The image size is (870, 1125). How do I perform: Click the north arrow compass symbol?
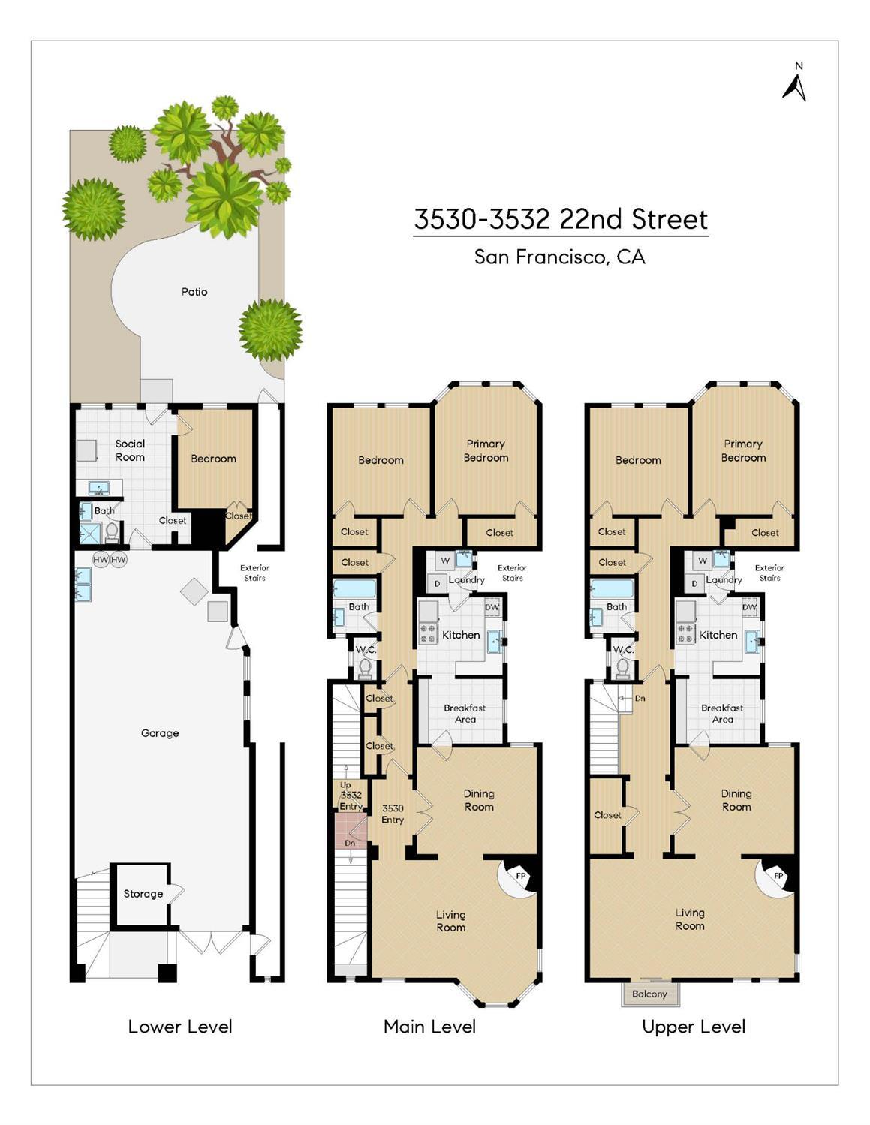pos(795,83)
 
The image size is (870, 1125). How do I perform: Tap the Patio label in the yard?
pos(194,292)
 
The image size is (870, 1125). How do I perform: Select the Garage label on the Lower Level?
pos(160,733)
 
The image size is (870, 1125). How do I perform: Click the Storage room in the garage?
pos(143,894)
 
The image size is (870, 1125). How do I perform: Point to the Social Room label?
pos(130,450)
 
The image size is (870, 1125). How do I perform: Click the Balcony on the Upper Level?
pos(649,994)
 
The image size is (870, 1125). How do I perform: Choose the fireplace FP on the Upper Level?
pos(778,876)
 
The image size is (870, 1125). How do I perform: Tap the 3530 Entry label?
pos(393,814)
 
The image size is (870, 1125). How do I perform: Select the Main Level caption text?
pos(429,1027)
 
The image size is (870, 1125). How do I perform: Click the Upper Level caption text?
pos(694,1027)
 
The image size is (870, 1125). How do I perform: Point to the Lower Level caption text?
pos(180,1027)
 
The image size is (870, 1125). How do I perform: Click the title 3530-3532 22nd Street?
pos(561,219)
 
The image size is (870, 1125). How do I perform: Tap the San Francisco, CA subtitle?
pos(560,257)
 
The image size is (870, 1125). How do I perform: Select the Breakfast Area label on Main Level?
pos(465,714)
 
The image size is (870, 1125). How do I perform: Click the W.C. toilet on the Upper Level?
pos(622,666)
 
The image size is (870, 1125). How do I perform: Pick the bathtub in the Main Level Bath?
pos(354,588)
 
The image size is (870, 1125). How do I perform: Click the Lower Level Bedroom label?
pos(213,459)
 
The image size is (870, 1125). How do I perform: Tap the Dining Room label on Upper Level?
pos(736,800)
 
